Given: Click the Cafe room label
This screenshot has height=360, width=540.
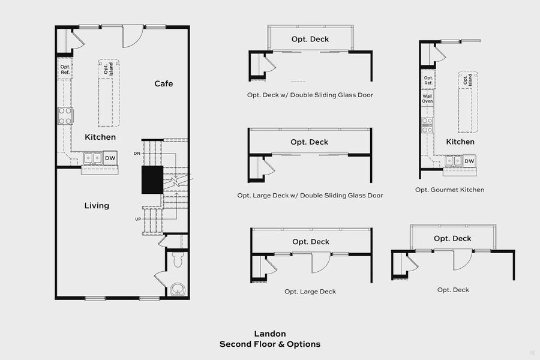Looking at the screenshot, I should coord(163,83).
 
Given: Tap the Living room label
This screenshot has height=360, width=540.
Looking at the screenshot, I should coord(97,206).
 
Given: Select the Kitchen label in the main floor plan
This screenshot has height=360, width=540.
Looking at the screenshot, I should coord(100,137).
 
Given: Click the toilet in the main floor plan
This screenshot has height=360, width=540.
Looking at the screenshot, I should coord(176,260).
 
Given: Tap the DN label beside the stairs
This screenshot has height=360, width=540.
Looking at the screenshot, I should coord(137,154).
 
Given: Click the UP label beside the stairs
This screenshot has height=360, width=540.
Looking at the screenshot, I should coord(137,219).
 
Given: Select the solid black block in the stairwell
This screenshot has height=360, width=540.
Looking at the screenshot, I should coord(152,180).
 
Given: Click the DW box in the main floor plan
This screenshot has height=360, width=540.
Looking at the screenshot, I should coord(110,158).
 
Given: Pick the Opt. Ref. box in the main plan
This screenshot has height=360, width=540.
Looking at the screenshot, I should coord(65,70).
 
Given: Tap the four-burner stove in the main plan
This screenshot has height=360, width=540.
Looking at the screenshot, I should coord(65,115).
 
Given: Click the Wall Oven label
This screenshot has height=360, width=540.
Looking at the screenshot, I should coord(427,98).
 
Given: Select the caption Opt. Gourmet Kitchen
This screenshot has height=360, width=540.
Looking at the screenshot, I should coord(449,190).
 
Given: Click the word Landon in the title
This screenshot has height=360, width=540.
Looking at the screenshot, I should coord(269,334).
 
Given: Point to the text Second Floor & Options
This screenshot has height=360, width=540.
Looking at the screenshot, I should coord(269,344).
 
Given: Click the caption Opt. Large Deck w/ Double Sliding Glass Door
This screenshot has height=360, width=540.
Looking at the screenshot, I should coord(310,195).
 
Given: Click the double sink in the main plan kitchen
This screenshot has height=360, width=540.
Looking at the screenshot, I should coord(92,158).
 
